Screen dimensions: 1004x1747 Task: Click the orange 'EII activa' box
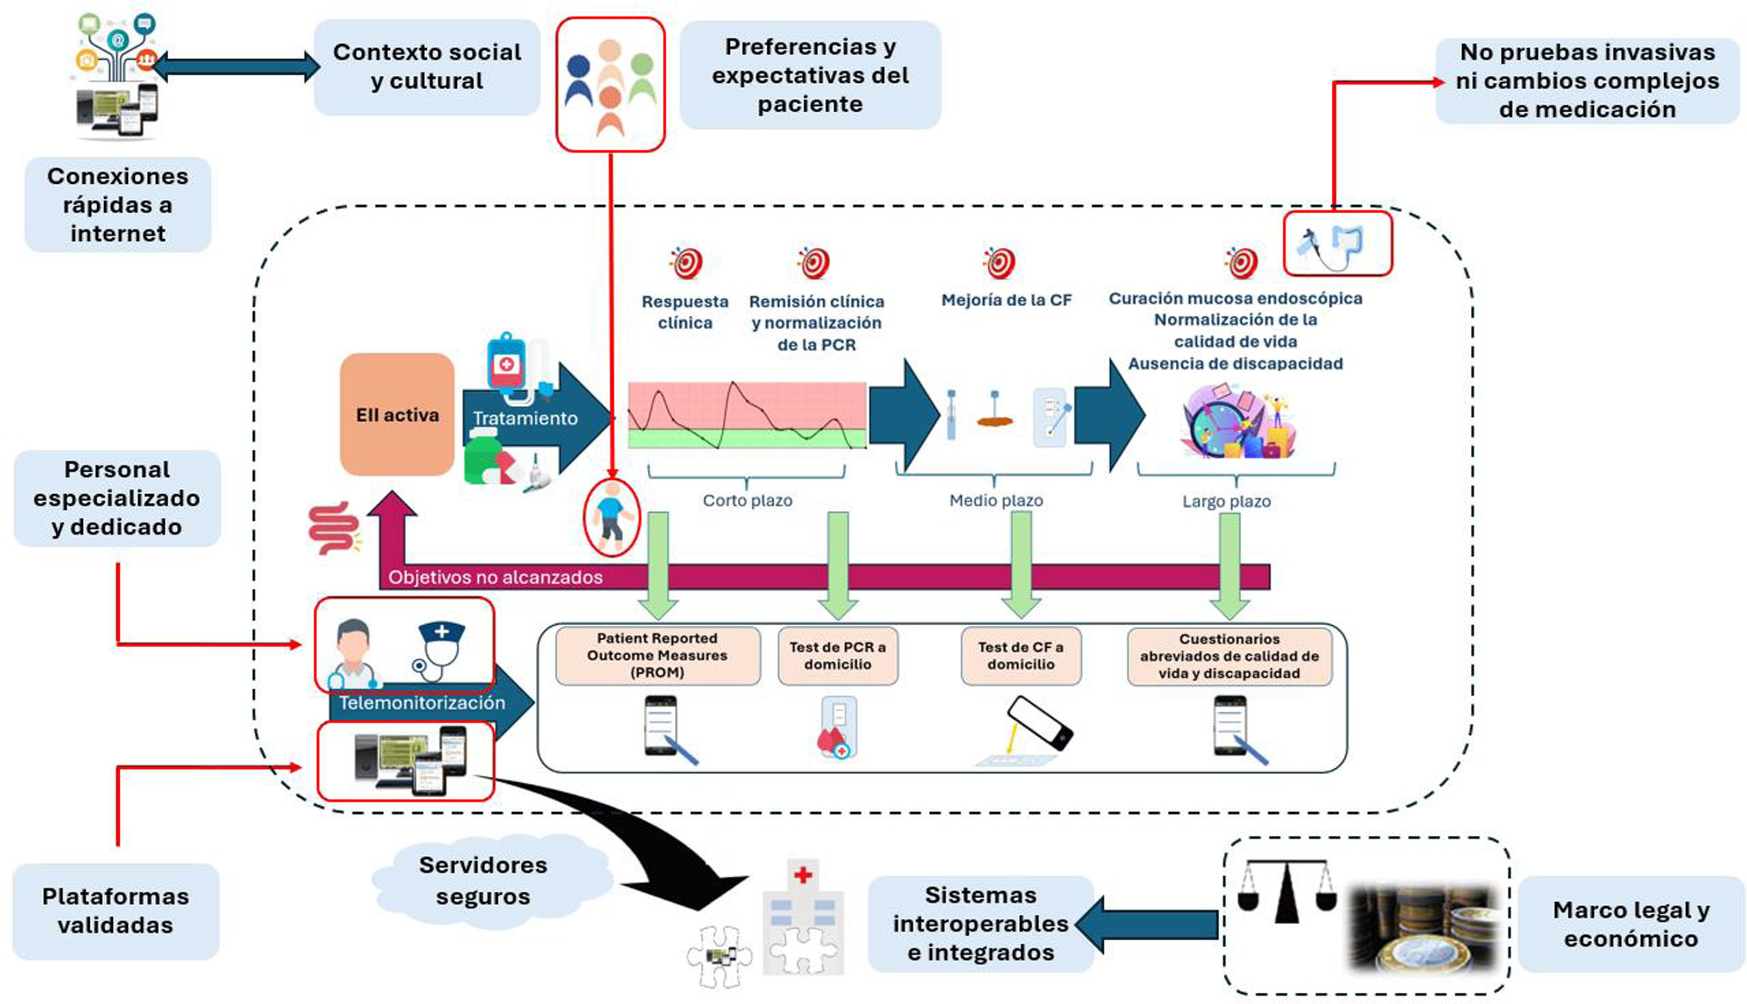click(397, 414)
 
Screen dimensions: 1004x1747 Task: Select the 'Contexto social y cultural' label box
click(427, 67)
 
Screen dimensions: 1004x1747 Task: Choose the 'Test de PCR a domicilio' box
click(837, 656)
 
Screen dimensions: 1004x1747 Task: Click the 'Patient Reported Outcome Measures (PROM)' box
click(657, 656)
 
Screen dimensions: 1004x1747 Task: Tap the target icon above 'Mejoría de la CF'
click(1001, 263)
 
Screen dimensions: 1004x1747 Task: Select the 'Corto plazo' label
click(747, 501)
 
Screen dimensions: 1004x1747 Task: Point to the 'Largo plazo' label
click(1226, 501)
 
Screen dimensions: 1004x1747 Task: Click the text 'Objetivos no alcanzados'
click(495, 577)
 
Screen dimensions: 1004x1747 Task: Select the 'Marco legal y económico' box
click(1631, 924)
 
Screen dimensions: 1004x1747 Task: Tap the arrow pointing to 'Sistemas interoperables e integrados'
click(1148, 924)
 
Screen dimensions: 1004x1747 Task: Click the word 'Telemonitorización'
click(422, 703)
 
